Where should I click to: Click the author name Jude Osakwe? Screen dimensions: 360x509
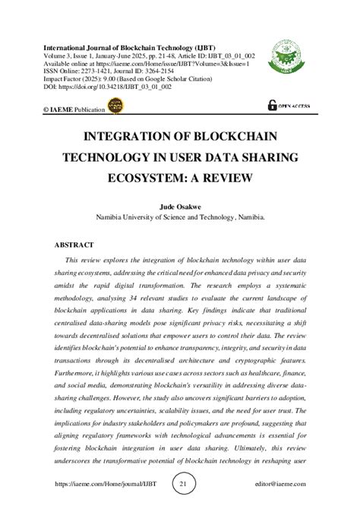[x=180, y=206]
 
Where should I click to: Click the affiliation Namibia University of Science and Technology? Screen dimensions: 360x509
[x=180, y=217]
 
